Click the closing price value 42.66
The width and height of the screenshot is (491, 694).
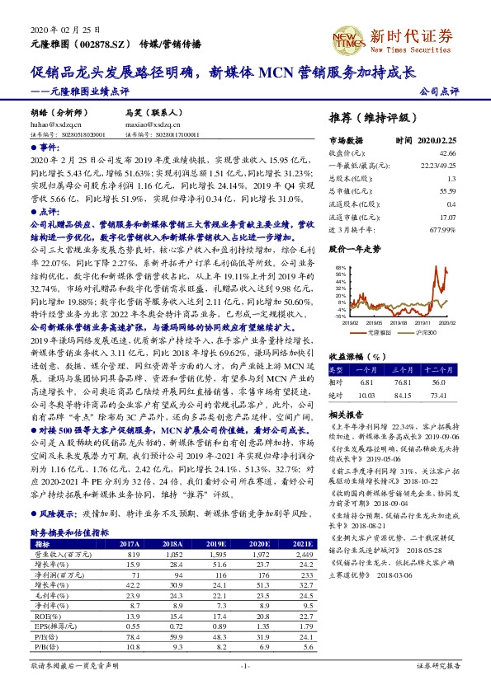tap(447, 153)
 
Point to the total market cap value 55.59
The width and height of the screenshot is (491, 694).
tap(447, 191)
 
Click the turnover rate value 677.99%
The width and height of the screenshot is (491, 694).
tap(442, 229)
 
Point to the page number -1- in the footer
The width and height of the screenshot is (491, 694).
tap(245, 664)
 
